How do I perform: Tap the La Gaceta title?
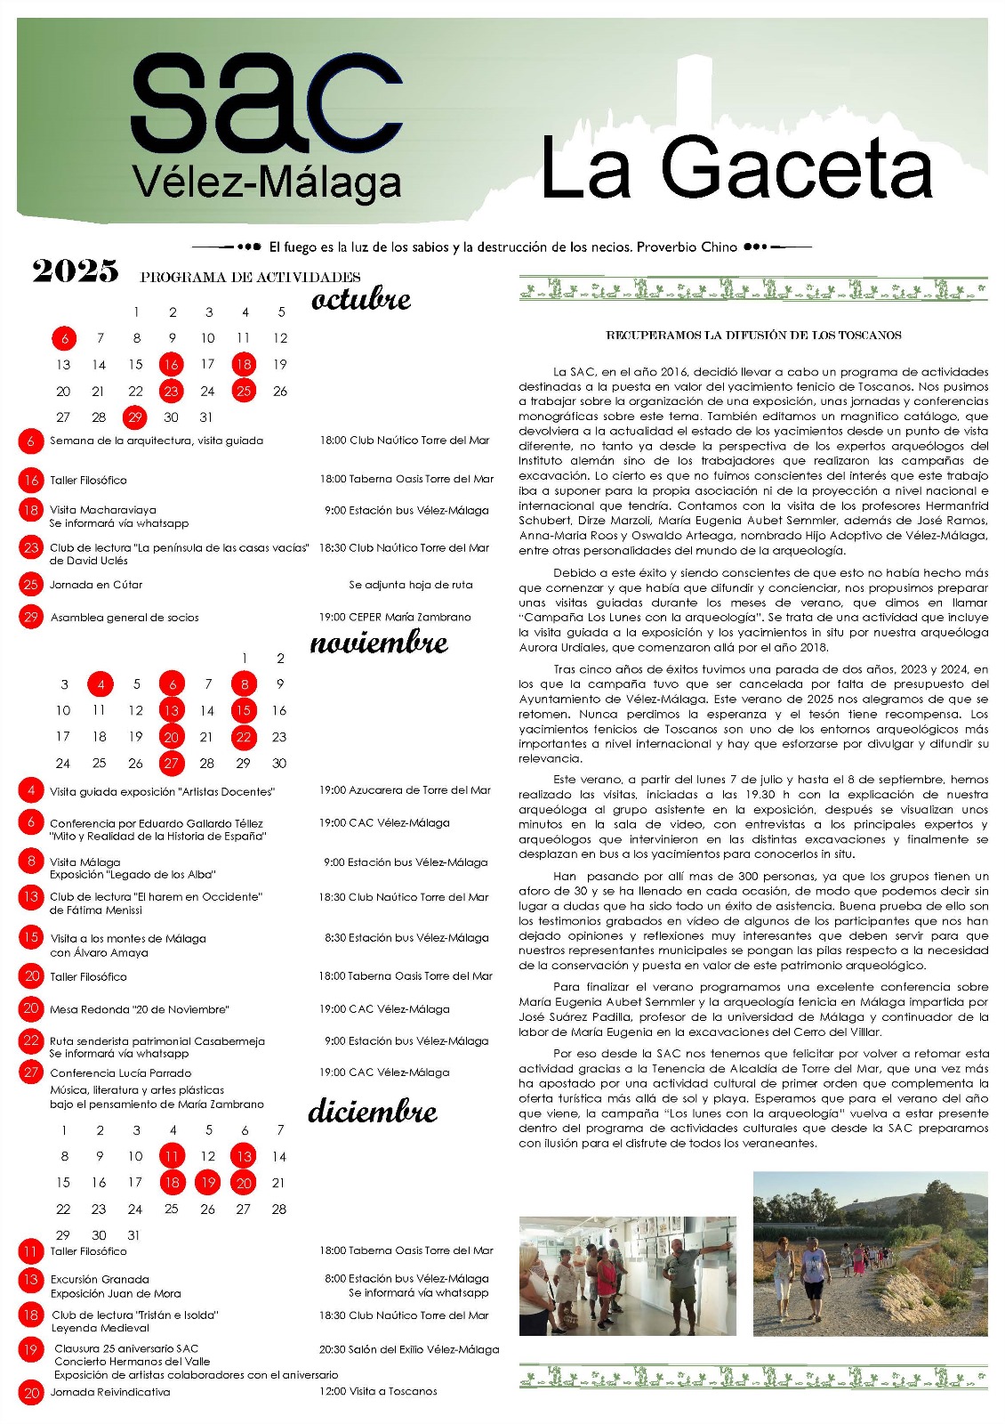pos(736,168)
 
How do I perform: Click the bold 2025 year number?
pos(76,271)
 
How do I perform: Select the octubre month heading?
pos(361,299)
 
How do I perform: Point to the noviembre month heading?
pos(379,643)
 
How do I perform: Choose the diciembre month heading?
pos(373,1112)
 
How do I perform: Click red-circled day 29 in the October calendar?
pos(135,417)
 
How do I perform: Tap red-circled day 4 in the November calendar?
pos(100,684)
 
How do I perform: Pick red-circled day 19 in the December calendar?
pos(208,1183)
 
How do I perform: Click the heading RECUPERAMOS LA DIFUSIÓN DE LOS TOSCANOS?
pos(753,336)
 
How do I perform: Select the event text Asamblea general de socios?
pos(125,618)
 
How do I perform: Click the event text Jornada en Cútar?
pos(96,585)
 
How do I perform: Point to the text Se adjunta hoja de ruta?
pos(411,585)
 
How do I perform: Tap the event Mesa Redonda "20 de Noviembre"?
pos(140,1009)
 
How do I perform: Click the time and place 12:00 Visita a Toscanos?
pos(378,1391)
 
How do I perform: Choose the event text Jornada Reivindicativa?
pos(110,1392)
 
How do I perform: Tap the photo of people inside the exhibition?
pos(627,1274)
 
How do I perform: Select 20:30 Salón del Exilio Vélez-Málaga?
pos(409,1349)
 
